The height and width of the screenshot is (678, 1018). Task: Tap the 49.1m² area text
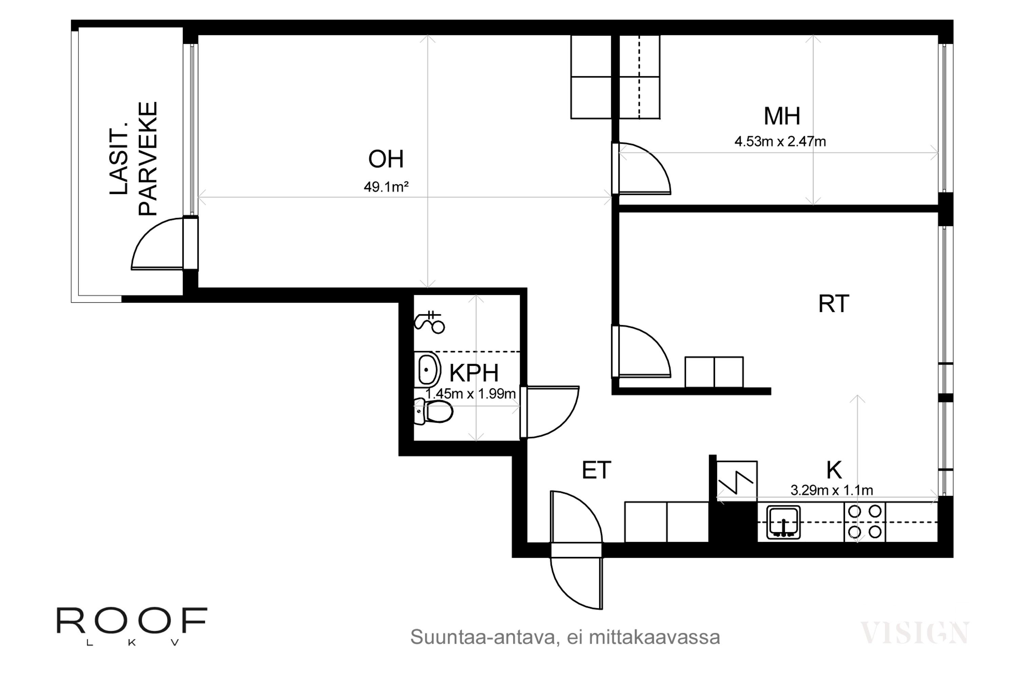tap(386, 187)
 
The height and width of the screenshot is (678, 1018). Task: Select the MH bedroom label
tap(782, 116)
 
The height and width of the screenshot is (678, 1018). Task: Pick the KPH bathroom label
tap(474, 373)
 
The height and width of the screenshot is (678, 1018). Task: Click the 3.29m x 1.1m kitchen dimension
tap(831, 490)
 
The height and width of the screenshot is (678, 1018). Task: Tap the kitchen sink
tap(784, 522)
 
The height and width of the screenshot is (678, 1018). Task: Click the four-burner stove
tap(865, 522)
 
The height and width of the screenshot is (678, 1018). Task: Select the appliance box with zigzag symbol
tap(737, 482)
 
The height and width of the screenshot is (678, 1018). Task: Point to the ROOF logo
tap(132, 626)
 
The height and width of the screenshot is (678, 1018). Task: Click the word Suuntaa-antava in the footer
tap(482, 637)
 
